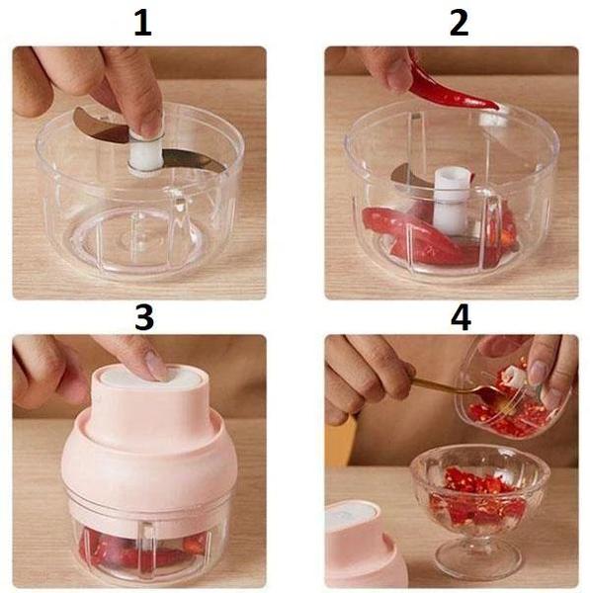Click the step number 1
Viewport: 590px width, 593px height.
click(143, 22)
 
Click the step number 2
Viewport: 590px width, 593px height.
click(457, 22)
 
